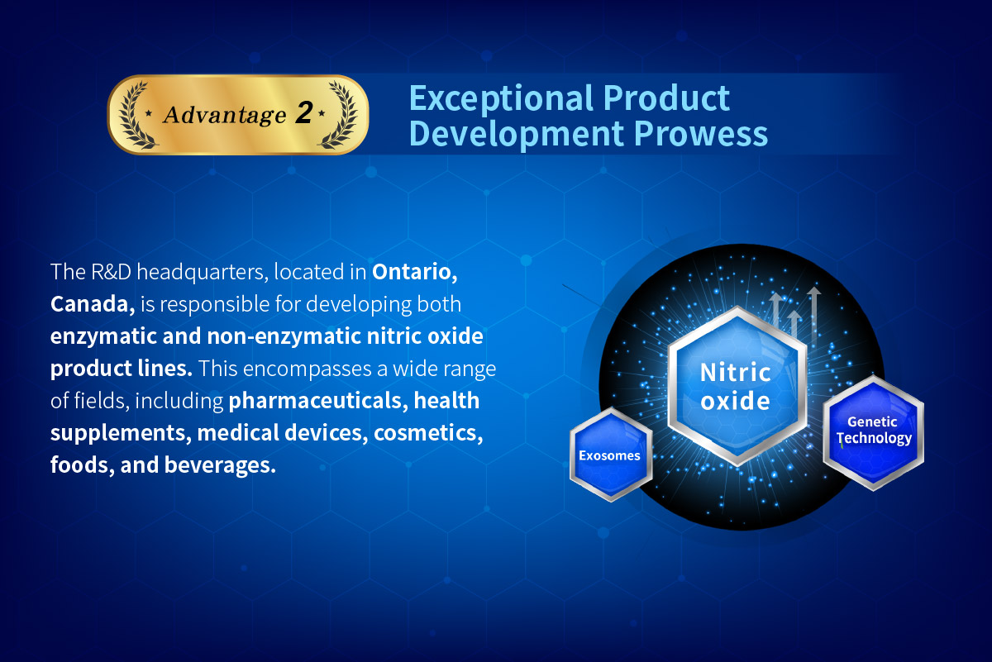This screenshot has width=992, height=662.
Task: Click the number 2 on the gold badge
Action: (305, 112)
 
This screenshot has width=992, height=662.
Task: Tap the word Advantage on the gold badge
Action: (225, 115)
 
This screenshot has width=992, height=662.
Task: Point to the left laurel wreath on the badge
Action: (135, 115)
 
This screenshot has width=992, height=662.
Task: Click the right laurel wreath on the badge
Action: (338, 115)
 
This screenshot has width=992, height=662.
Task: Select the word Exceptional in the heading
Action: (501, 99)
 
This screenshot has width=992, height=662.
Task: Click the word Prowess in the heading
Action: (701, 133)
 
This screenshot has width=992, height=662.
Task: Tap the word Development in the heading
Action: (516, 135)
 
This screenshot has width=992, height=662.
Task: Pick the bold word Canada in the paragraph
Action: (93, 304)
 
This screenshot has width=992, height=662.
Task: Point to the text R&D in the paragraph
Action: (111, 272)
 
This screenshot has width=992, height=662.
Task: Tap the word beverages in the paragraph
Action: (220, 466)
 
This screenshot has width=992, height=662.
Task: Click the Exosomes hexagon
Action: (610, 455)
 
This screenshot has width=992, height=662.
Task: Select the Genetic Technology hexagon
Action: (873, 432)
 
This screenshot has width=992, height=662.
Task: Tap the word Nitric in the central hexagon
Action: (736, 373)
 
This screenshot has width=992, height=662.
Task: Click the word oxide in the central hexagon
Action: (735, 401)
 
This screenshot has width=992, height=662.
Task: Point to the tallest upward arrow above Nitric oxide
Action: (813, 314)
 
